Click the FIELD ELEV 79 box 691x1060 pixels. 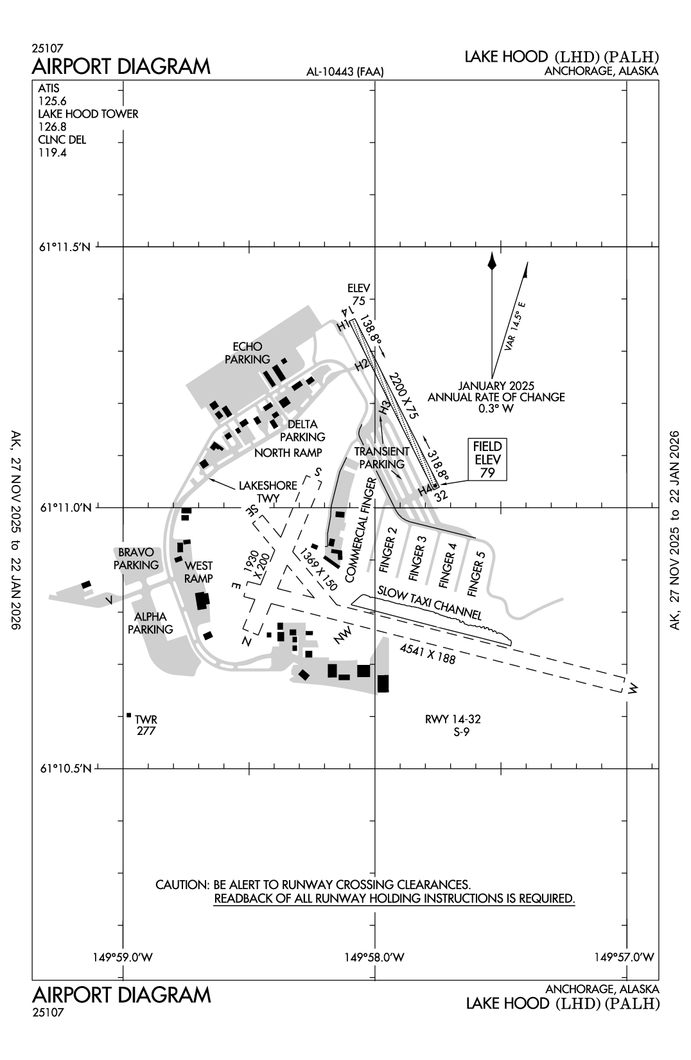488,459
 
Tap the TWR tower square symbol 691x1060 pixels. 129,715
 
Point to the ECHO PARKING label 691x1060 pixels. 247,353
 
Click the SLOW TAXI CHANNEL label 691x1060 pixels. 430,603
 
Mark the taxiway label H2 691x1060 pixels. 362,365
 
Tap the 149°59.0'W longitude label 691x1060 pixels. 123,957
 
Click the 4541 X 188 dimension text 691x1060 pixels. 427,653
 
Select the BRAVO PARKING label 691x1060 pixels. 136,558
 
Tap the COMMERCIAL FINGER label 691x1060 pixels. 359,530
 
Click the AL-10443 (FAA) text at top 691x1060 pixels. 345,72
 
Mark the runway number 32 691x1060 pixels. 440,495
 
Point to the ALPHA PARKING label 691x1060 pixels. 150,623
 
